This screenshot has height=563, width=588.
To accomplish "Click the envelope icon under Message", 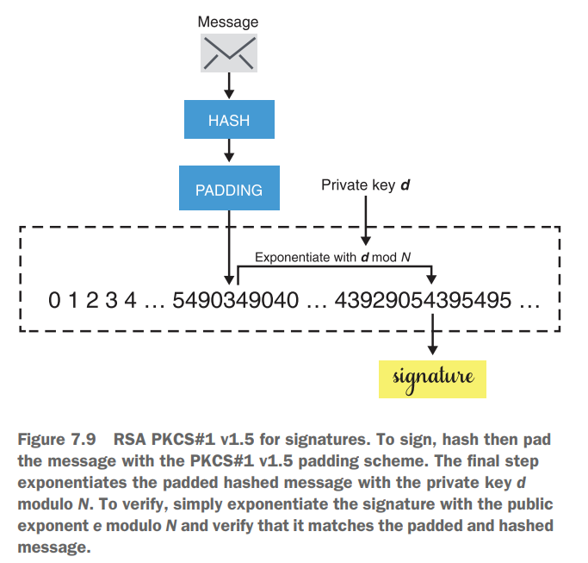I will (228, 53).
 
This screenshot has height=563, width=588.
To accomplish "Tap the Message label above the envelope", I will (228, 22).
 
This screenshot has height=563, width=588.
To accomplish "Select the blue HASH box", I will (228, 120).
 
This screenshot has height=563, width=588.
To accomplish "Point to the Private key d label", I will (365, 185).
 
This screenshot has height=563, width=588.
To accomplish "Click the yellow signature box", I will (432, 377).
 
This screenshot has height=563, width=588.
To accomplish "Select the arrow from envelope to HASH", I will (228, 84).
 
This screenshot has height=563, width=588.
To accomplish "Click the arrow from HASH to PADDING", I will (228, 153).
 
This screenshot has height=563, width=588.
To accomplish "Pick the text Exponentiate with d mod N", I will (331, 257).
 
